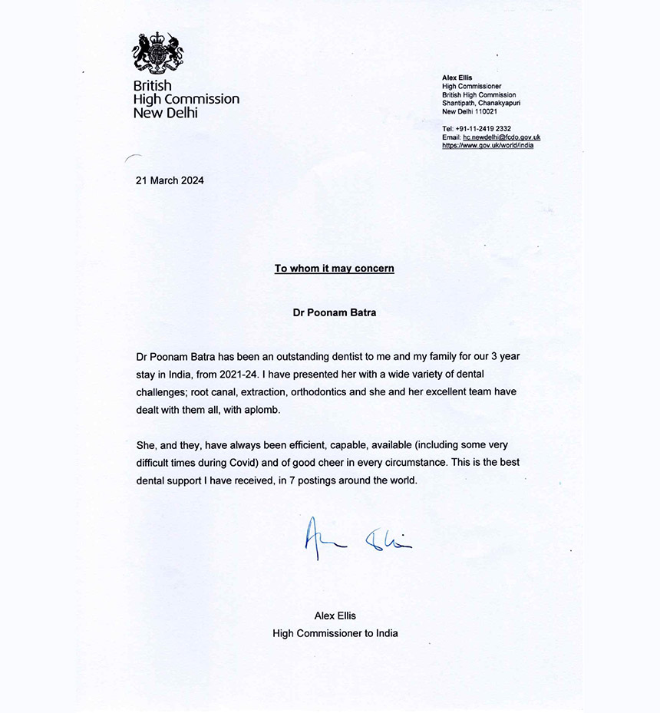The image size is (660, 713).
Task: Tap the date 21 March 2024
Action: (x=169, y=181)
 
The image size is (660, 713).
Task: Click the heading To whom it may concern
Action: (x=335, y=269)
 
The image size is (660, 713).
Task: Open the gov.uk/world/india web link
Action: (x=487, y=145)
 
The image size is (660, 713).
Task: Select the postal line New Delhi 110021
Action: (x=470, y=111)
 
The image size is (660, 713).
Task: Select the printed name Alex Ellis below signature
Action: (x=335, y=616)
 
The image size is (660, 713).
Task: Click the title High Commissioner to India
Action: (x=335, y=633)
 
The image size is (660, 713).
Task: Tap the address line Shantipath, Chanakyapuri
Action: (x=480, y=103)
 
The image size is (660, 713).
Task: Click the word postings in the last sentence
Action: (x=354, y=481)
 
